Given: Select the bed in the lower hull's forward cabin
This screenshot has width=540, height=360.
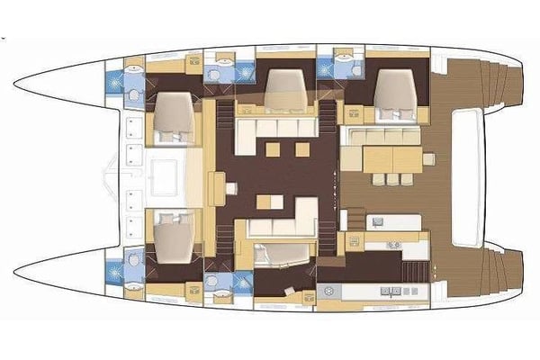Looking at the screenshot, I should (173, 236).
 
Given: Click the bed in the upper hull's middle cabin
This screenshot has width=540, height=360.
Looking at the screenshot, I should (287, 91).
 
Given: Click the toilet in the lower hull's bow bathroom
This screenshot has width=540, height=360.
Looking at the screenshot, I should (133, 260).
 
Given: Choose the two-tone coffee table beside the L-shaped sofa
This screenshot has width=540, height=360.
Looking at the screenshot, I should (265, 202).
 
